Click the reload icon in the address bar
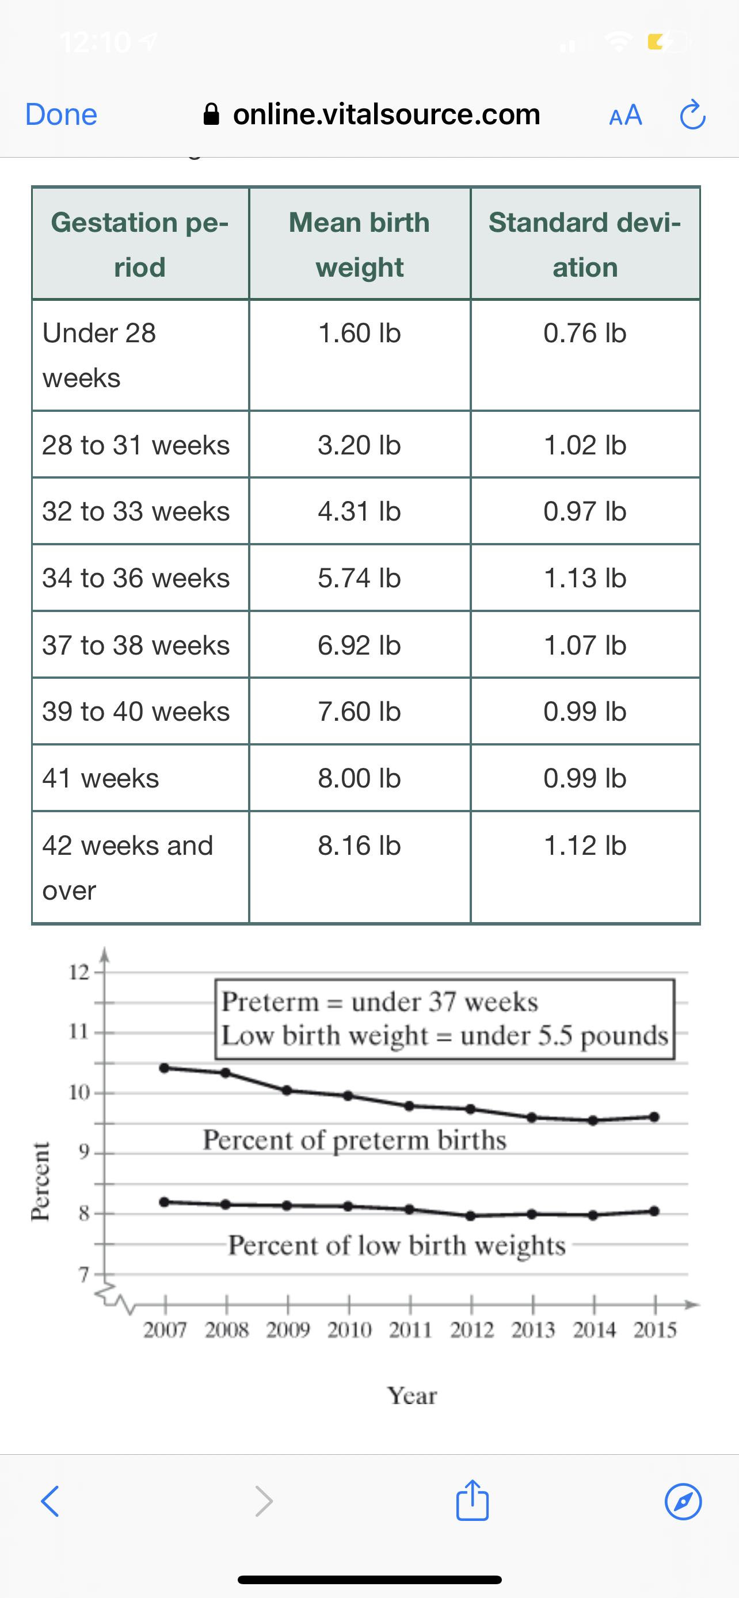692,115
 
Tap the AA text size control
626,116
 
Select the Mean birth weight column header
359,244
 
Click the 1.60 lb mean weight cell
359,333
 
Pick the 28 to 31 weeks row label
136,445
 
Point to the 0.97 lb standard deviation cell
585,511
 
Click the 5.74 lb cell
359,578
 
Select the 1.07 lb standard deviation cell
585,645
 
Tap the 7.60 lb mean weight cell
359,712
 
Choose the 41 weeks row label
101,778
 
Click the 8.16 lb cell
359,846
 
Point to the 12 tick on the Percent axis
78,972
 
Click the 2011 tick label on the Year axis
410,1330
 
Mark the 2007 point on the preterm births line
165,1068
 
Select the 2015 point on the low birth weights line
654,1211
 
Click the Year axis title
412,1396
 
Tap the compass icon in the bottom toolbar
683,1502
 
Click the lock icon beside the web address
212,114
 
